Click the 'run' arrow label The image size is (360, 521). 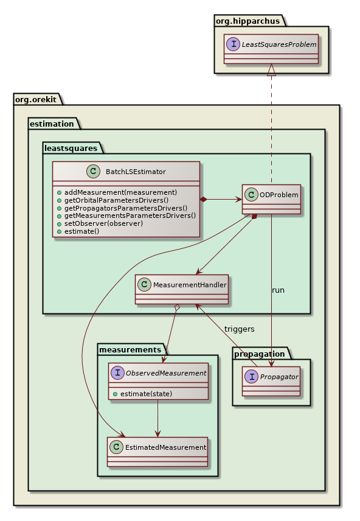[278, 290]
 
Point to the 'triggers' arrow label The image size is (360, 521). [239, 329]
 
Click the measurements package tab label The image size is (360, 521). [130, 349]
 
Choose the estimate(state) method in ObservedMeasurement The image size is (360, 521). [145, 393]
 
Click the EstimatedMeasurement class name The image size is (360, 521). [165, 447]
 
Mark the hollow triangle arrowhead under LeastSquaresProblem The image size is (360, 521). [272, 70]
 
